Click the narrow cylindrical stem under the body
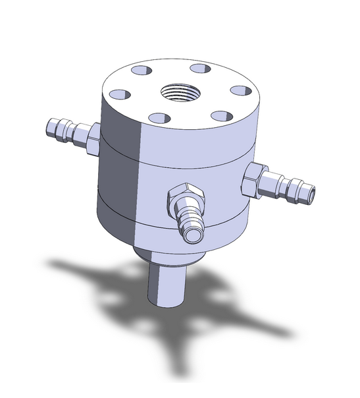point(164,283)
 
